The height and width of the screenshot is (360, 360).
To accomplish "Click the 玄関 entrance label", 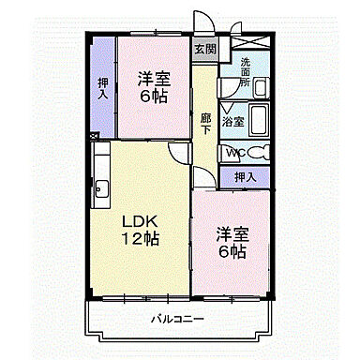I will [204, 50].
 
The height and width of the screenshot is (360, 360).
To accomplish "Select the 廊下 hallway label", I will [205, 124].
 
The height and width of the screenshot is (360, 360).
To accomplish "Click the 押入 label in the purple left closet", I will [102, 87].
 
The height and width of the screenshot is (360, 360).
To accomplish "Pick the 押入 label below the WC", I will [245, 176].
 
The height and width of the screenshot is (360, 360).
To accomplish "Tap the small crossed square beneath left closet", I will [95, 136].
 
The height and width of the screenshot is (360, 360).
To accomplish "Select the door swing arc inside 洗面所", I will [228, 89].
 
